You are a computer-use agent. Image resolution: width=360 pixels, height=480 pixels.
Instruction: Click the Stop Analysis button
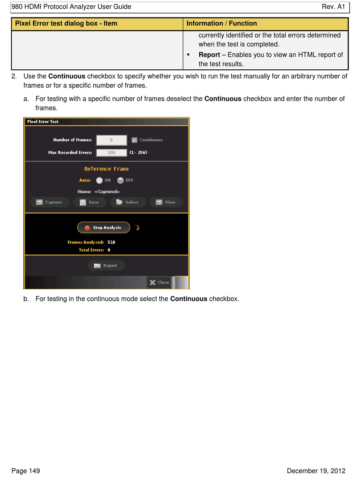tap(103, 228)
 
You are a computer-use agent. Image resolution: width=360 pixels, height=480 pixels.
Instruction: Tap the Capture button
tap(50, 202)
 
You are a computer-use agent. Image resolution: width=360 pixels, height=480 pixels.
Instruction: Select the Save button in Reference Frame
tap(89, 202)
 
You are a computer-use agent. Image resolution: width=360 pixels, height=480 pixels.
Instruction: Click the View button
tap(166, 202)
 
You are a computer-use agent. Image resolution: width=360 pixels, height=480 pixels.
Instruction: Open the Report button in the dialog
tap(106, 266)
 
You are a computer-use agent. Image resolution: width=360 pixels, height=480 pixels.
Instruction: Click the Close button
tap(160, 282)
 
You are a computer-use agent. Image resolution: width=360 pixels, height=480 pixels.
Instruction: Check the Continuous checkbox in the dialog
tap(135, 140)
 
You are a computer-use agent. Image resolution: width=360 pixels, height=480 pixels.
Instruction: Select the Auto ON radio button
tap(99, 180)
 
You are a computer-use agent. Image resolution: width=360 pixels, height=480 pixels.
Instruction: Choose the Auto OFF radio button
tap(121, 180)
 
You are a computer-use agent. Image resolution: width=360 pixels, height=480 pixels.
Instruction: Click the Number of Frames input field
tap(111, 140)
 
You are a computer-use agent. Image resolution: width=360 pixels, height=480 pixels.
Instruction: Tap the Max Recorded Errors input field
tap(111, 153)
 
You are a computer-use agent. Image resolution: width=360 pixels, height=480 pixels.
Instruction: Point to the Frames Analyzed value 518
tap(111, 242)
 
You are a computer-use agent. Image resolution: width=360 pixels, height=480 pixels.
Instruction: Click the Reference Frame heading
tap(106, 169)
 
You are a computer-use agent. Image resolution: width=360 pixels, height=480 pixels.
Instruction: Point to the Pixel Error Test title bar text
tap(43, 122)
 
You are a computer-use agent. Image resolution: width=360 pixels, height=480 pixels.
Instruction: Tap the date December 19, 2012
tap(316, 471)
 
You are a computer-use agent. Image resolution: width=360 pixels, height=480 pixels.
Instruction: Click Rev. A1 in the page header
tap(333, 7)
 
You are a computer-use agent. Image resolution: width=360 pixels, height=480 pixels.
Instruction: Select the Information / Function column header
tap(222, 23)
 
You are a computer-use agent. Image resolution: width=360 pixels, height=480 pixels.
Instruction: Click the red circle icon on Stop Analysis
tap(87, 228)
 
